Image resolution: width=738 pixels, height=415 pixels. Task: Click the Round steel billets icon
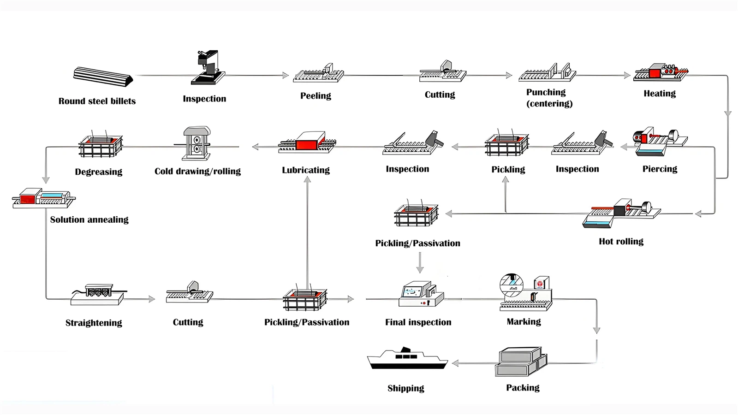pos(103,77)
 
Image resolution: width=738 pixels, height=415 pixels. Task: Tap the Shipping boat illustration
pos(407,359)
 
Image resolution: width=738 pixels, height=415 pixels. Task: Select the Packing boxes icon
pos(521,362)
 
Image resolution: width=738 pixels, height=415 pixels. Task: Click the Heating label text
pos(660,94)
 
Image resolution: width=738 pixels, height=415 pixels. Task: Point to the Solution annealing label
pos(89,220)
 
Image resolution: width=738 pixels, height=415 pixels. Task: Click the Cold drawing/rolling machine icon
pos(197,143)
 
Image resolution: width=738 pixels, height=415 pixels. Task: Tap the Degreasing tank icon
pos(100,146)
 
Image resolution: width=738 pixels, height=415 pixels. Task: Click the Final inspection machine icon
pos(420,295)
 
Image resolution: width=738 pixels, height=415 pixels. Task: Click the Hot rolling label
pos(621,242)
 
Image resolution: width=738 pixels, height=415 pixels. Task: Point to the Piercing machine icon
pos(659,142)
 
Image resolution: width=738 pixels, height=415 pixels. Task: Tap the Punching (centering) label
pos(549,98)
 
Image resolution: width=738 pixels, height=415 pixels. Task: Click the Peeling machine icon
pos(319,74)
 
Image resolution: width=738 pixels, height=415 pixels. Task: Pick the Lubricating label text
pos(306,170)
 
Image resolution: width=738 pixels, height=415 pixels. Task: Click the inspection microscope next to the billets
pos(208,68)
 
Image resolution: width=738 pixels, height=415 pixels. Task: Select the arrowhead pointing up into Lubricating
pos(307,179)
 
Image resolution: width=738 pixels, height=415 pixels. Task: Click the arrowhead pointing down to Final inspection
pos(420,269)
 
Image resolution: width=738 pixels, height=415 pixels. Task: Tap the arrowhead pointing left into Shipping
pos(455,363)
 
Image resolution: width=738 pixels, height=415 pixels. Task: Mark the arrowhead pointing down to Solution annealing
pos(46,180)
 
